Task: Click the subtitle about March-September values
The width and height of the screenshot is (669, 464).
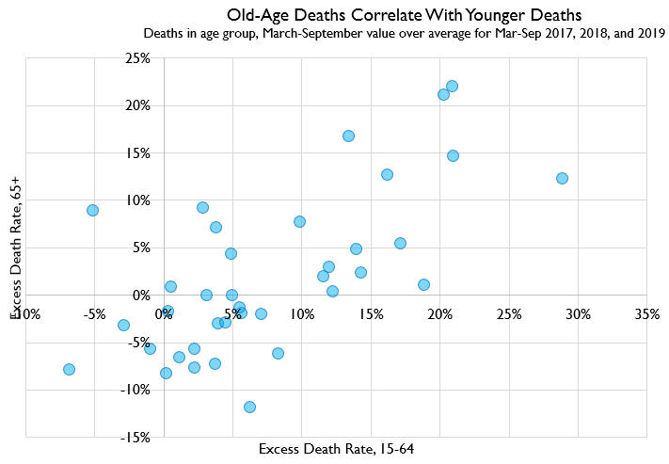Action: coord(405,34)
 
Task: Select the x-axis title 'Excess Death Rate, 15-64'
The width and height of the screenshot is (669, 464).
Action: coord(336,449)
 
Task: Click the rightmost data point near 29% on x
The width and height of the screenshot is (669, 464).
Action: coord(562,178)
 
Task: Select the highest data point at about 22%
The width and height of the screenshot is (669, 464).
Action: coord(452,86)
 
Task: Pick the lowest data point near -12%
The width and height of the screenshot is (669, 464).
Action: coord(249,407)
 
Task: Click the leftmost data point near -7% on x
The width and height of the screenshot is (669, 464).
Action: coord(69,369)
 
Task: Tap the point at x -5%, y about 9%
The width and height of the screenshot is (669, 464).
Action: coord(92,210)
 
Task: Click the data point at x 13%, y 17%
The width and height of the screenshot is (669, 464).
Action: coord(348,136)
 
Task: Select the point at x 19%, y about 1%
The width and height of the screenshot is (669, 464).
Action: coord(423,284)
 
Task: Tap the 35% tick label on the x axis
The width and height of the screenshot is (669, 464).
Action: coord(646,313)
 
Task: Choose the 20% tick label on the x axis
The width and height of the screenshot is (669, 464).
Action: coord(439,313)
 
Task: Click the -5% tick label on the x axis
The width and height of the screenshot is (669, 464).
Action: coord(94,313)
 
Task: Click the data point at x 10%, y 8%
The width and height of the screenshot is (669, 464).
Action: coord(299,221)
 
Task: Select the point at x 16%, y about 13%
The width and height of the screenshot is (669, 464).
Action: coord(387,174)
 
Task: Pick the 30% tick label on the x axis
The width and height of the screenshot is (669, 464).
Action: coord(578,313)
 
